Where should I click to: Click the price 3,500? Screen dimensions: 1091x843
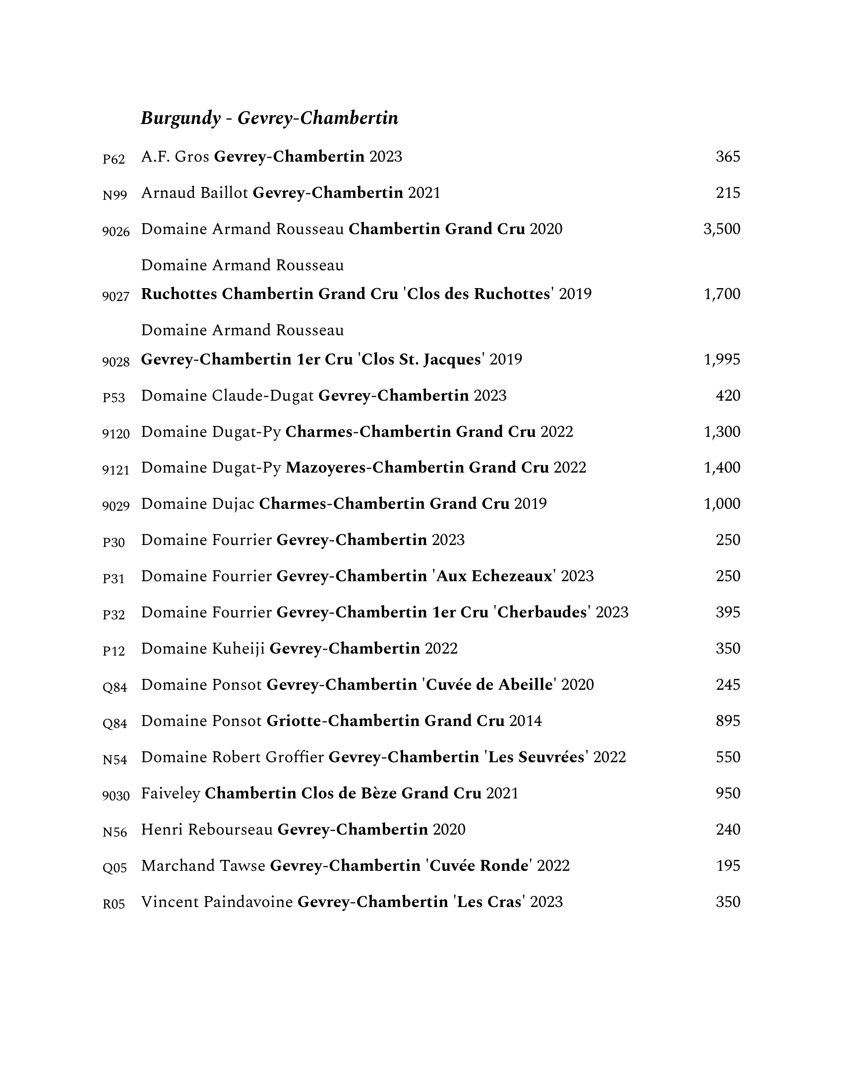tap(721, 229)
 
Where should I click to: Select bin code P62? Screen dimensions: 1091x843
tap(114, 159)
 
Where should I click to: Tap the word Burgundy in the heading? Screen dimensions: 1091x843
tap(181, 119)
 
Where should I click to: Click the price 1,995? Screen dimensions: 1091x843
tap(721, 360)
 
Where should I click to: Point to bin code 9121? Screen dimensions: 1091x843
tap(116, 470)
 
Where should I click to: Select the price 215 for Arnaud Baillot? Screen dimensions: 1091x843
tap(727, 193)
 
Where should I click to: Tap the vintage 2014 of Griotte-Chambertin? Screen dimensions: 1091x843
tap(525, 721)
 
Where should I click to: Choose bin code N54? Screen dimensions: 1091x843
tap(115, 760)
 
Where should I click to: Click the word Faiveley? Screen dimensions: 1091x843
tap(170, 793)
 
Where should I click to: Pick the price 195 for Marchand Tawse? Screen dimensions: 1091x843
tap(727, 866)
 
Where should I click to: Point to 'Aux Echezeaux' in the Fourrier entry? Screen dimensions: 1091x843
tap(494, 576)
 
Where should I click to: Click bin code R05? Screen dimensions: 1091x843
tap(114, 904)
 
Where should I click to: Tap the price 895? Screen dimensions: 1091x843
tap(727, 721)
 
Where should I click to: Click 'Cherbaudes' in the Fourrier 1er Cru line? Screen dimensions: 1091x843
tap(542, 612)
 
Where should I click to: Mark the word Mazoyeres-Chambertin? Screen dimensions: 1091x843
tap(374, 468)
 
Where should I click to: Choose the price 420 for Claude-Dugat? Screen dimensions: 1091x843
tap(727, 396)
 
